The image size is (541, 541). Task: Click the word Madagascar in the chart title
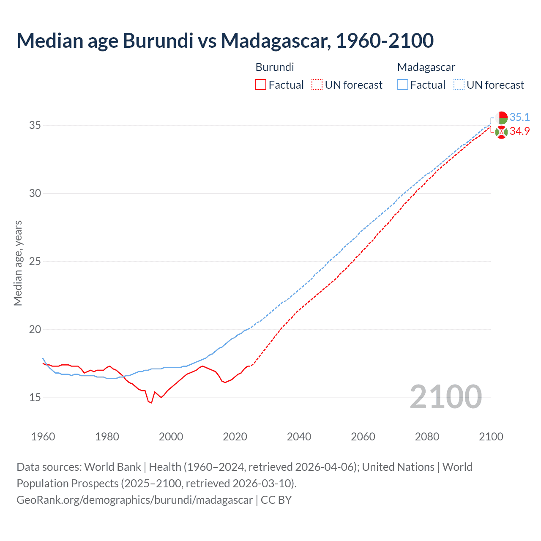coord(275,41)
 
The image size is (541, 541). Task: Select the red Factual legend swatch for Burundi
coord(261,85)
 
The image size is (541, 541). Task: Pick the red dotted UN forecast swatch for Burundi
coord(317,85)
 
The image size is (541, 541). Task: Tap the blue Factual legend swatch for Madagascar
coord(403,85)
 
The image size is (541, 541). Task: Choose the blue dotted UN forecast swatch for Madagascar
coord(459,85)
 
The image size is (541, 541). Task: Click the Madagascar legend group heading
coord(426,67)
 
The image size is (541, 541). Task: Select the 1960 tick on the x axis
coord(43,437)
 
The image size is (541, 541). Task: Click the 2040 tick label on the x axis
coord(299,437)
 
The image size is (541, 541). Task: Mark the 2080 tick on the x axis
coord(427,437)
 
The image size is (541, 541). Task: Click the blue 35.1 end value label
coord(519,117)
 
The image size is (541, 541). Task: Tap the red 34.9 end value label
coord(519,131)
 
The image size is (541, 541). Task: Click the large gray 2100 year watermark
coord(445,397)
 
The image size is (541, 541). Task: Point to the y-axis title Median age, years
coord(18,263)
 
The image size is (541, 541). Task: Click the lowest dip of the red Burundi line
coord(151,403)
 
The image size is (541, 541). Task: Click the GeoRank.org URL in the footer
coord(134,500)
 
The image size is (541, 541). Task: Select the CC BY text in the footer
coord(276,500)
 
